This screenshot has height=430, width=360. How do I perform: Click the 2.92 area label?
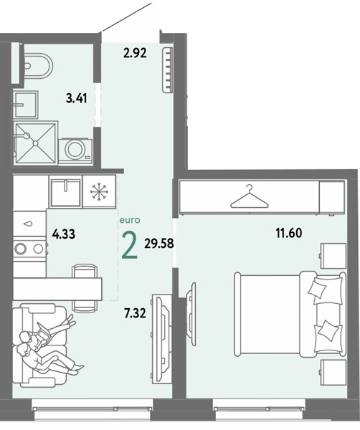135,52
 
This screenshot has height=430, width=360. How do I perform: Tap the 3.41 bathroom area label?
77,98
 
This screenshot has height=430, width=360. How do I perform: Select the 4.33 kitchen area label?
64,234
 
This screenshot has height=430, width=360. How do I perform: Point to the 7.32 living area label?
135,313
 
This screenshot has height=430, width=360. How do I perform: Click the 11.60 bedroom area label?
289,233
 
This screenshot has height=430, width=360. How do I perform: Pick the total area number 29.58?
159,243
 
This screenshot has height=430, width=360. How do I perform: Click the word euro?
130,220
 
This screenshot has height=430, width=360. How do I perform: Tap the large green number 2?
130,245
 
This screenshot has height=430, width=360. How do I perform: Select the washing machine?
75,150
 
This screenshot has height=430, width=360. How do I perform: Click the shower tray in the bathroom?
35,143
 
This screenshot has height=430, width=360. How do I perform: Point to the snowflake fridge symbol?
99,191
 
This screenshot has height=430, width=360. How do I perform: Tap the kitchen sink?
65,191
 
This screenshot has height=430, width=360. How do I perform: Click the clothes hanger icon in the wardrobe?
249,196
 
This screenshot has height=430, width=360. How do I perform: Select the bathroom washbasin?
26,105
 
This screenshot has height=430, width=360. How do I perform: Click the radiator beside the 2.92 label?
167,70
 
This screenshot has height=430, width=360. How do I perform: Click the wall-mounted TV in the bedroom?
191,314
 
